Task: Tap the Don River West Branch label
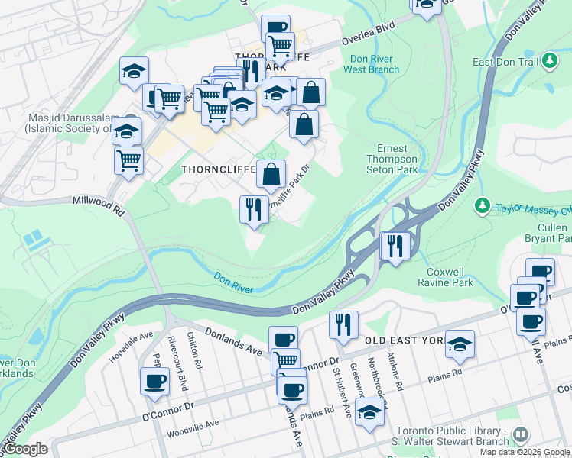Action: click(x=375, y=64)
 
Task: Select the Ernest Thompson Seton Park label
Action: click(x=397, y=159)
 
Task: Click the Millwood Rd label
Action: click(x=97, y=204)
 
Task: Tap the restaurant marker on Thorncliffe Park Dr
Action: click(x=253, y=208)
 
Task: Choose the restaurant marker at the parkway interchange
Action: click(x=395, y=247)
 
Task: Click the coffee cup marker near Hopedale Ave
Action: click(x=154, y=381)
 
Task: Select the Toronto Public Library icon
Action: click(x=520, y=434)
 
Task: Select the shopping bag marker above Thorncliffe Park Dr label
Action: click(x=271, y=174)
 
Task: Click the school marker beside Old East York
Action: click(x=460, y=345)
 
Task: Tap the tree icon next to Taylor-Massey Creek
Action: click(x=483, y=205)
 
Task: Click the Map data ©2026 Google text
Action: click(x=525, y=452)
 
